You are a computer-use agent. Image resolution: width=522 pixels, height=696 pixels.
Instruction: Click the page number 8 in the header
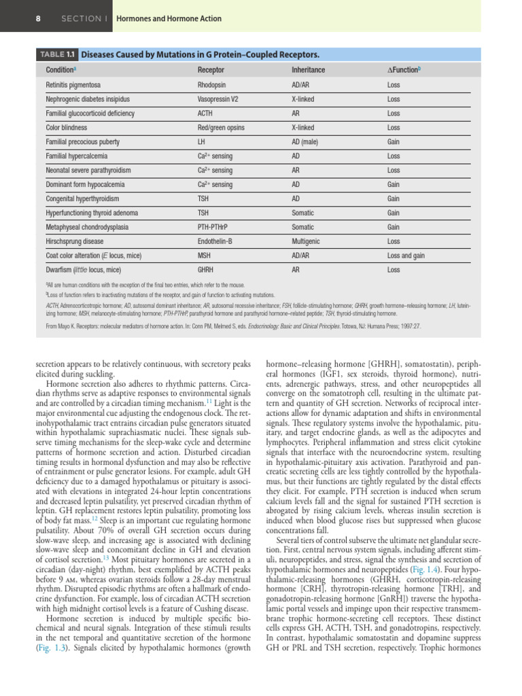pos(37,18)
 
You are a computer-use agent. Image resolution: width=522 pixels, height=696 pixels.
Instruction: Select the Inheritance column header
pos(308,70)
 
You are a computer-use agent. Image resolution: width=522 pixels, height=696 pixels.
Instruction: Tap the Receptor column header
pos(211,70)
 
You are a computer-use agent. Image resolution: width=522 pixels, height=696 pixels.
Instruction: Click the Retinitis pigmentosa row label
pos(73,85)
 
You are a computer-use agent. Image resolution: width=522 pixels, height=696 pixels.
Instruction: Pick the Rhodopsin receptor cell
pos(213,85)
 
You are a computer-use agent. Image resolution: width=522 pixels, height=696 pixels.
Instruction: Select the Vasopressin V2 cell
pos(220,99)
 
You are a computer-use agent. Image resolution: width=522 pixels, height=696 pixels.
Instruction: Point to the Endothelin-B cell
pos(215,241)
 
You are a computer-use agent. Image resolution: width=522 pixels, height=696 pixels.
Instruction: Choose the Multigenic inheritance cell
pos(307,241)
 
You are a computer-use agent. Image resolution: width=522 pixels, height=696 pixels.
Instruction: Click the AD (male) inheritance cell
pos(307,142)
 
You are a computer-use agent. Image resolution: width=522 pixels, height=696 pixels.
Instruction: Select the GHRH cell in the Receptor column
pos(207,270)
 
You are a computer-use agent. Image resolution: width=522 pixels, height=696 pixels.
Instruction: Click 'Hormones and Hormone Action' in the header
pos(169,18)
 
